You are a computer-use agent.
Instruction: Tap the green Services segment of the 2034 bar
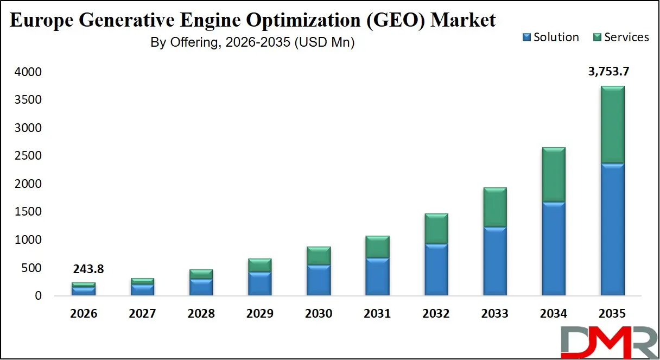[554, 174]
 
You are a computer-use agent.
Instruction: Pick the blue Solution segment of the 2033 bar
[494, 261]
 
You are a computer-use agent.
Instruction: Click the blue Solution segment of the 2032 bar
[436, 269]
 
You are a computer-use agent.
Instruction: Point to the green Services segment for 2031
[377, 247]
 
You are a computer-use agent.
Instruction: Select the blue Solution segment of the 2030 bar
[319, 280]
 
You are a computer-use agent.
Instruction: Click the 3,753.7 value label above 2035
[608, 71]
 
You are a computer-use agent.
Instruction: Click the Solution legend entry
[550, 37]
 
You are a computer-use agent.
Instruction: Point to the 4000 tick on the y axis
[28, 72]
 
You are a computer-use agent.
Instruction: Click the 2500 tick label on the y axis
[28, 156]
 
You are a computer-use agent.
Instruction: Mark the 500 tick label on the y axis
[31, 268]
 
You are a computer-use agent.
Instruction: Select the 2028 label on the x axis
[201, 314]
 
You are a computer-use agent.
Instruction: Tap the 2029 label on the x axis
[260, 314]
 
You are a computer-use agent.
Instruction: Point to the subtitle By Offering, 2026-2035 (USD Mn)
[252, 43]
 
